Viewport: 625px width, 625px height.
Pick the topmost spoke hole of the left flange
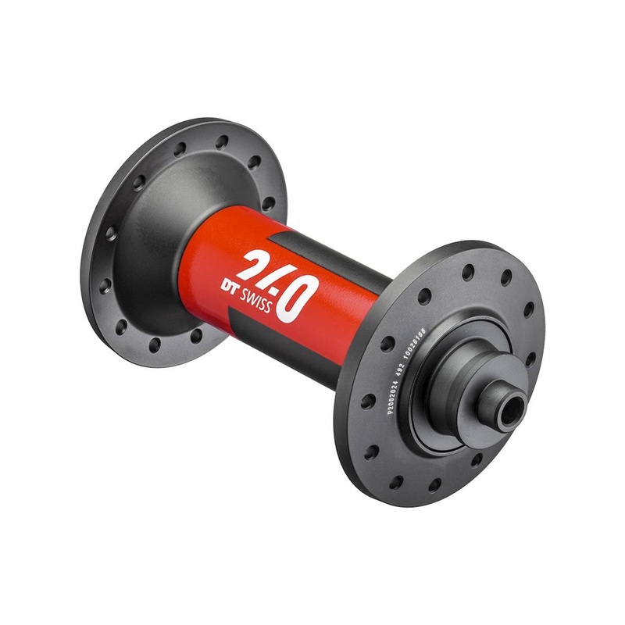point(223,141)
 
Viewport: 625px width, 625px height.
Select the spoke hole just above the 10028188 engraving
point(424,298)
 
